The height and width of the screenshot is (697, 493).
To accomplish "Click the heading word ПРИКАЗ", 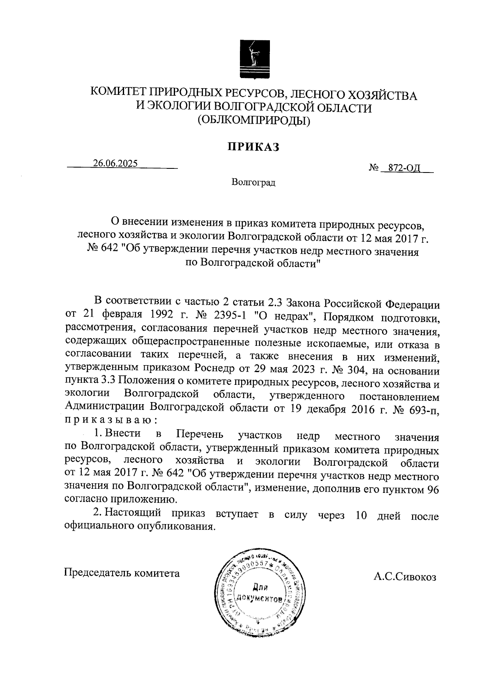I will [x=254, y=147].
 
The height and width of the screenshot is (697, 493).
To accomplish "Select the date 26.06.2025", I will [x=115, y=163].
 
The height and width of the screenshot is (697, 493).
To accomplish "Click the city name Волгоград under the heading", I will [x=253, y=182].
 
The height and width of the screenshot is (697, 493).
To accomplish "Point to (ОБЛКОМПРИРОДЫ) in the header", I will [x=253, y=120].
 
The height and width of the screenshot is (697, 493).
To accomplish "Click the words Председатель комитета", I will [x=122, y=573].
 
